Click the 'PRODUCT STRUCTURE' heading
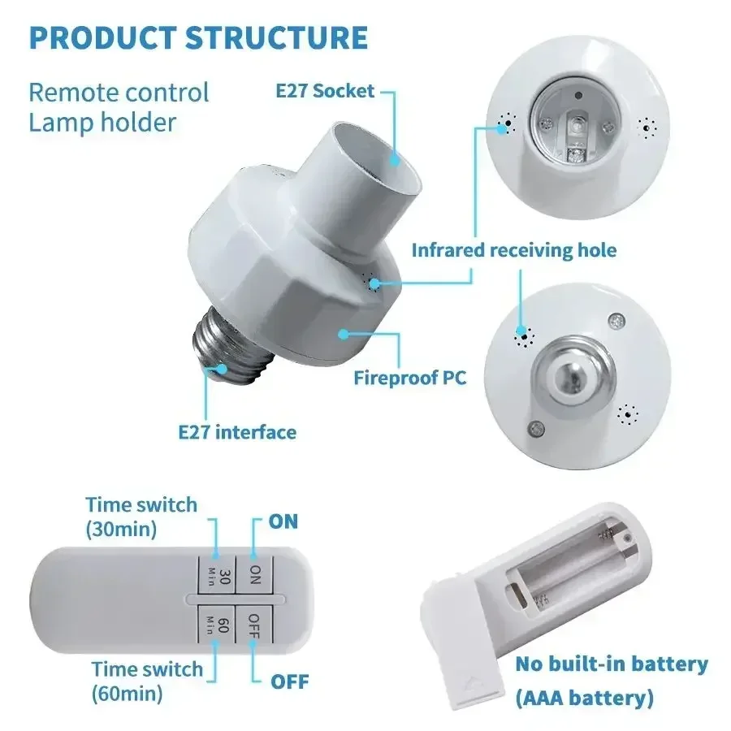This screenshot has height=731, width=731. [198, 38]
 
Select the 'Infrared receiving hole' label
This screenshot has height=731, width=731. [513, 249]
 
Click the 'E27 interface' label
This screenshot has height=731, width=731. [237, 431]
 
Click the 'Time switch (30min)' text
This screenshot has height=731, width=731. [141, 516]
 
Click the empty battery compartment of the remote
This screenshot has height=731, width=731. [569, 569]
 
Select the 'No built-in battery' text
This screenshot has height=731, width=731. [612, 664]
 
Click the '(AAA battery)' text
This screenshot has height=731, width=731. [585, 697]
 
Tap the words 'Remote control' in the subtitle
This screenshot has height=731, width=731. [119, 92]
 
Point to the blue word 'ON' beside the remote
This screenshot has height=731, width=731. [283, 521]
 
